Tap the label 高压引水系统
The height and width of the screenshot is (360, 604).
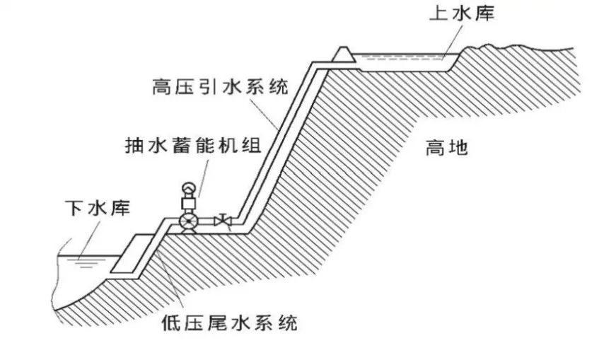pos(220,88)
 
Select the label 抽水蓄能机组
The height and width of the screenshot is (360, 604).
pos(193,146)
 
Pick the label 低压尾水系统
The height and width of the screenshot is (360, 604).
pos(227,325)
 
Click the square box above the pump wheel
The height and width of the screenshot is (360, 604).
pos(189,204)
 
